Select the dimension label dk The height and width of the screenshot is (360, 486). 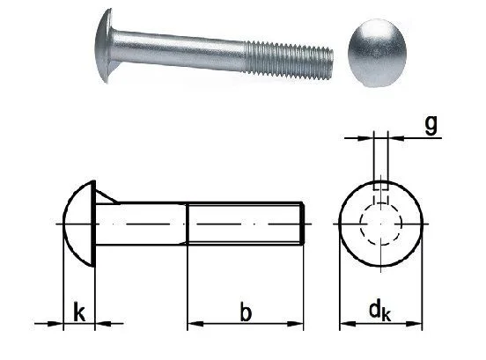pyautogui.click(x=379, y=312)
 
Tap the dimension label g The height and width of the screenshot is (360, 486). pyautogui.click(x=431, y=125)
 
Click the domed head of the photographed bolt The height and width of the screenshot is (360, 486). pyautogui.click(x=104, y=46)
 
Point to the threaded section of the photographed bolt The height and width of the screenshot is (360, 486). pyautogui.click(x=290, y=61)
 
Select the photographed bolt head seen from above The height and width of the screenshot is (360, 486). pyautogui.click(x=377, y=53)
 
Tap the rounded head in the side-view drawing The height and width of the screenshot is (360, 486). pyautogui.click(x=79, y=223)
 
